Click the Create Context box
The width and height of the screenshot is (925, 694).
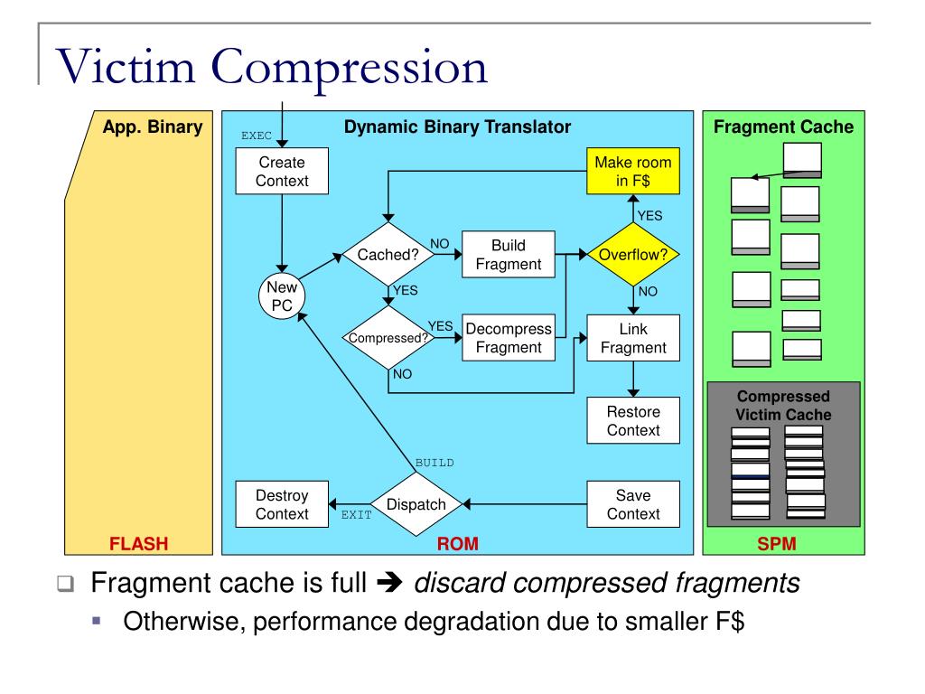coord(282,172)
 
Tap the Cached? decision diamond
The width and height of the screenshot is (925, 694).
coord(388,255)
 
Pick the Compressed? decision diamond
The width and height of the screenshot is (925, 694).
coord(388,339)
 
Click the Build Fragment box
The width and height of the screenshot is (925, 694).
coord(508,255)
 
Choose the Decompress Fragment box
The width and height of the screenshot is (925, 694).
coord(508,339)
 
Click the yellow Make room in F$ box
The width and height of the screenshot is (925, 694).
coord(632,172)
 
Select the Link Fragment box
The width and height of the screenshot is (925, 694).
coord(632,338)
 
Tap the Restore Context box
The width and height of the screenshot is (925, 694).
coord(632,421)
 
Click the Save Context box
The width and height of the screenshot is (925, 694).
coord(632,504)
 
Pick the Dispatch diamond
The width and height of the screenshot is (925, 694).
coord(416,504)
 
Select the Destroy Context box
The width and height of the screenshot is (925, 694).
coord(282,504)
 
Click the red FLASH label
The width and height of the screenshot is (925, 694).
coord(139,543)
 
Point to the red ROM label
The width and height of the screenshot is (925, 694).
coord(457,543)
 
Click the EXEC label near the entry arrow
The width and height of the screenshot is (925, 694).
coord(257,136)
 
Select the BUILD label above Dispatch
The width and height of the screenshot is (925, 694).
coord(434,463)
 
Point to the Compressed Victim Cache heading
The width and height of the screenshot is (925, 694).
coord(782,406)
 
